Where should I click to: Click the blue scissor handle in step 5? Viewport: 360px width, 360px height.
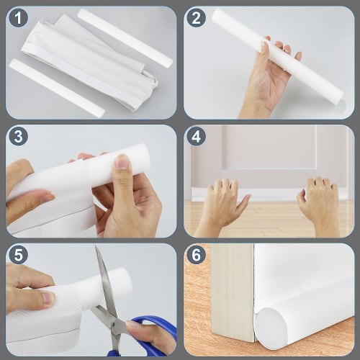pyautogui.click(x=155, y=338)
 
